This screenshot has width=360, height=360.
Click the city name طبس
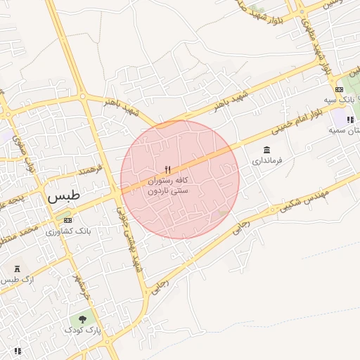point(64,197)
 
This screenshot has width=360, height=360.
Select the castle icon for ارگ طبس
point(17,269)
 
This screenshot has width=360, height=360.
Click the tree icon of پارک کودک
point(83,319)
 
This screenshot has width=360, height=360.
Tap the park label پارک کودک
point(84,330)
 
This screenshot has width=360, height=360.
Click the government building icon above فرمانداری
point(266,150)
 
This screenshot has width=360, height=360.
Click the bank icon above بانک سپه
point(340,89)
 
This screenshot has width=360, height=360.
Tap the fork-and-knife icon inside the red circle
point(167,169)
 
